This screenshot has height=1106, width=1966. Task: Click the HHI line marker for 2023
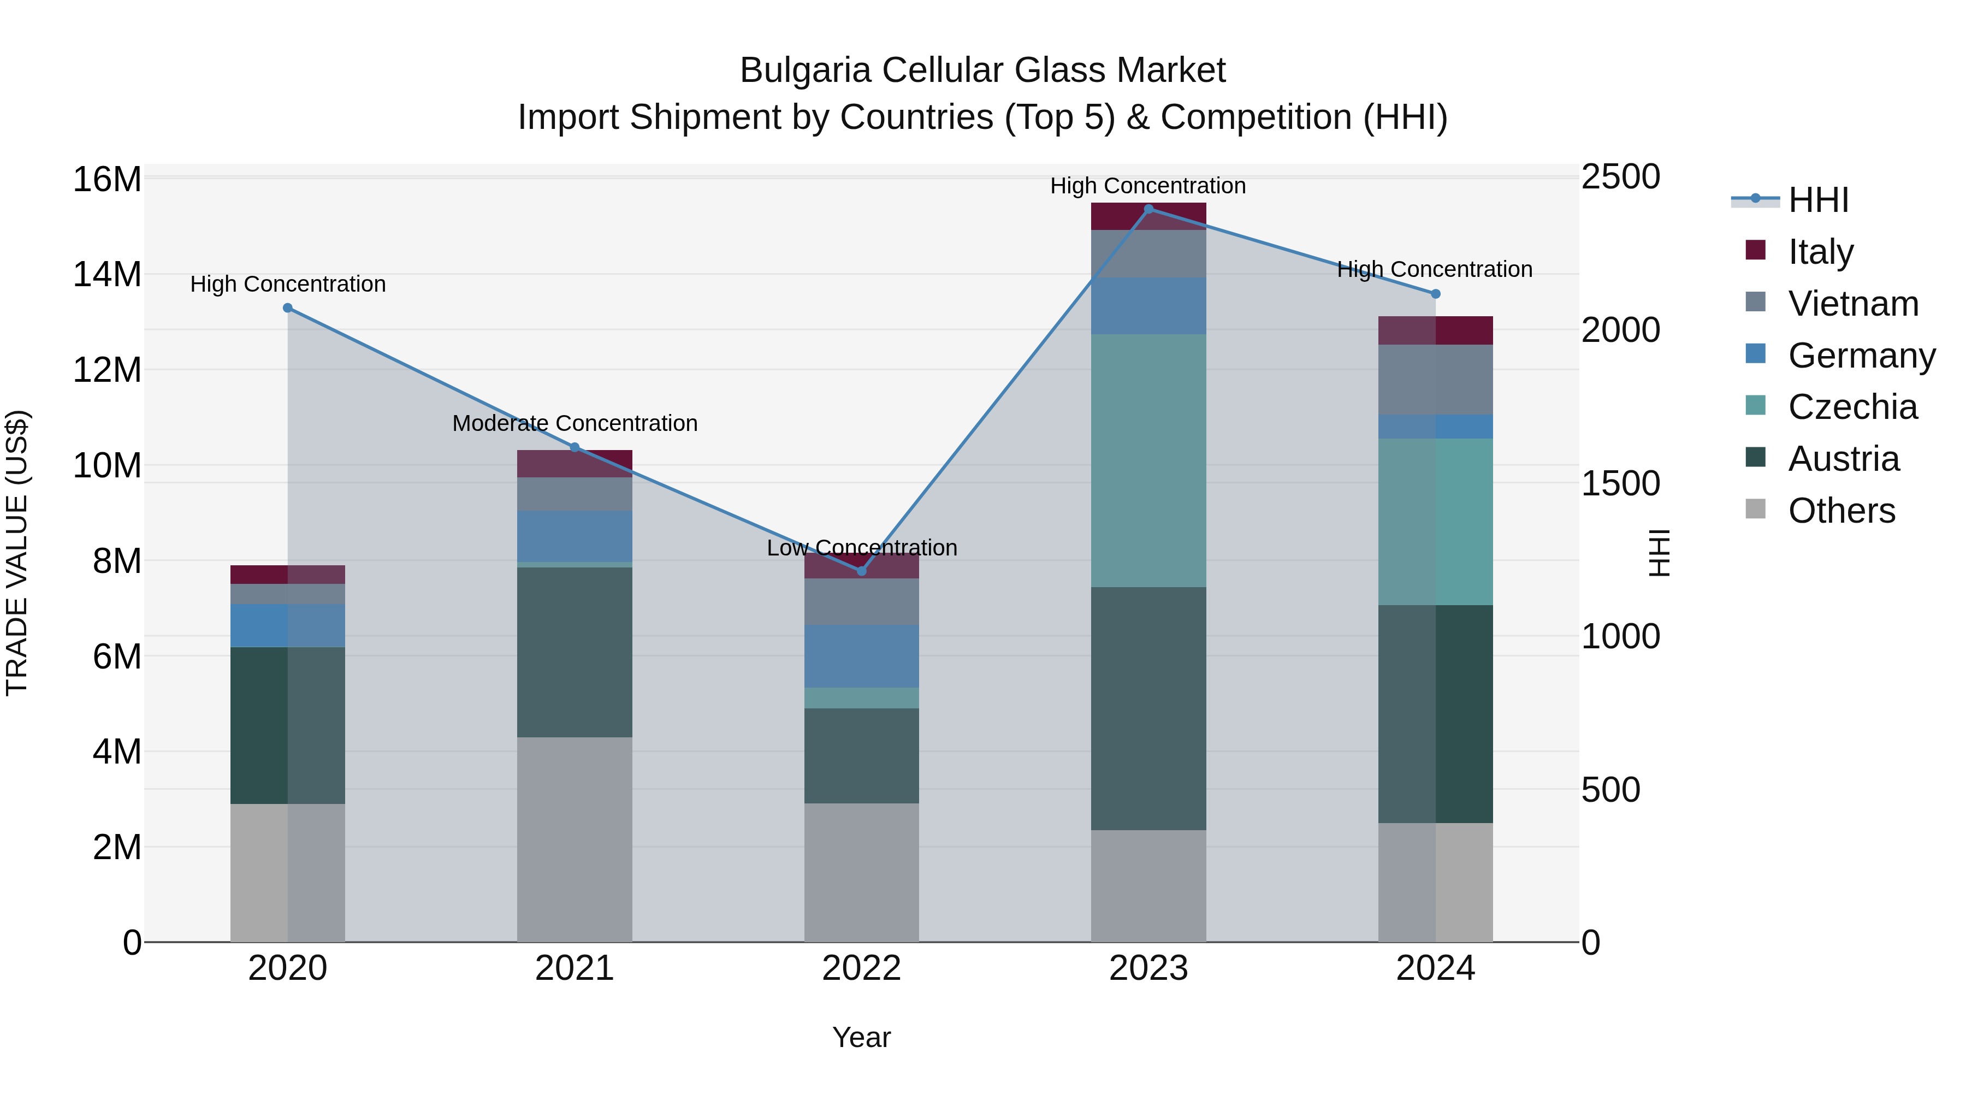point(1148,209)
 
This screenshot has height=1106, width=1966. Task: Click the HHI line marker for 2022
point(862,571)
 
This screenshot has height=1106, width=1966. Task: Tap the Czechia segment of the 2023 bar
point(1148,460)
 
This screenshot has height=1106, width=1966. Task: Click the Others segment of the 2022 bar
point(862,872)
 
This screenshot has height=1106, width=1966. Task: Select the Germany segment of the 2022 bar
point(862,656)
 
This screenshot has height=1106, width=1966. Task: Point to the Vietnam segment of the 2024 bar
point(1436,380)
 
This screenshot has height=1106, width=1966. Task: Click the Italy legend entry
point(1820,252)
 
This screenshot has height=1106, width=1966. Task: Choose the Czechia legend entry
point(1852,407)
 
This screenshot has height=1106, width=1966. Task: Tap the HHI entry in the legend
point(1818,200)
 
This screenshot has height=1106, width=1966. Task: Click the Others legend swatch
point(1755,509)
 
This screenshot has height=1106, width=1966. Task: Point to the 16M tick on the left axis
point(107,180)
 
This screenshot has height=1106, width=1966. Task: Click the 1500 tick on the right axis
point(1620,483)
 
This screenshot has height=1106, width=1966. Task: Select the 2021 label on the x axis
point(575,968)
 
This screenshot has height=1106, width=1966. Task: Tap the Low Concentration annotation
point(862,547)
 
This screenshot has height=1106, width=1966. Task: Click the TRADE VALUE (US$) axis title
point(17,553)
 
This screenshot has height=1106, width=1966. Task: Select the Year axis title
point(862,1037)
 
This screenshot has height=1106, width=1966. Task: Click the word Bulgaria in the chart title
point(805,70)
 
